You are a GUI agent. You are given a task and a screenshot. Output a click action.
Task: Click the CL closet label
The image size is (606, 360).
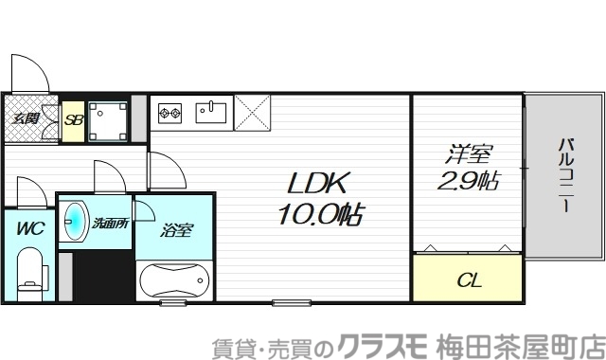[x=468, y=280]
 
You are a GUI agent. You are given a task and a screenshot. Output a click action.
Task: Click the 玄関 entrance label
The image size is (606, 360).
[x=26, y=119]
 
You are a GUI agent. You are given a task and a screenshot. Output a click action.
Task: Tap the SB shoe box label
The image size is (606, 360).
[x=73, y=120]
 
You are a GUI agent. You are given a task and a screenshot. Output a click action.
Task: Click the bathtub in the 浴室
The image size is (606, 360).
[x=174, y=281]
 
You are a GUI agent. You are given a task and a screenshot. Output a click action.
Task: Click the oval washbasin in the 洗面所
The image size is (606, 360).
[x=74, y=223]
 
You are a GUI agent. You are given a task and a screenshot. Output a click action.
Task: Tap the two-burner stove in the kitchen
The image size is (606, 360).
[x=169, y=115]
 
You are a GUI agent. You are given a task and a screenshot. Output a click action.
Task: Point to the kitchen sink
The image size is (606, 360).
[x=210, y=114]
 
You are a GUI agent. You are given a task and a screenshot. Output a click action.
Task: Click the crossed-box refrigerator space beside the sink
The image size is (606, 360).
[x=252, y=114]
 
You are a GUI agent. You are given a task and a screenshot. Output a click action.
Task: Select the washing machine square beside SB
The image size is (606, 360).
[x=110, y=120]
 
